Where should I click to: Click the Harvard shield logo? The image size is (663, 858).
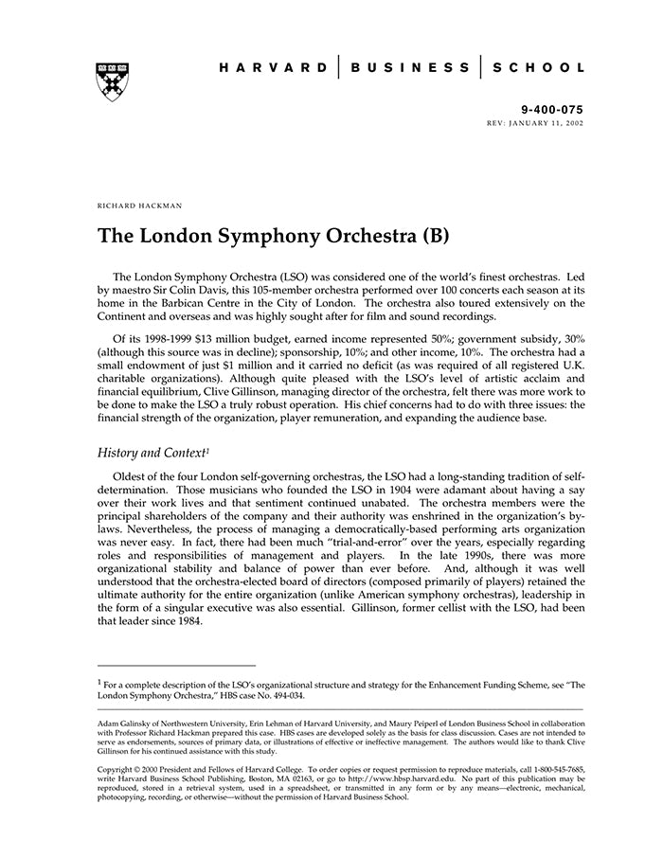(x=113, y=82)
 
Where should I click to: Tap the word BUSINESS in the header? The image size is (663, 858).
(x=409, y=68)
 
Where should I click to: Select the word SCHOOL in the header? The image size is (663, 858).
(x=537, y=68)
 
